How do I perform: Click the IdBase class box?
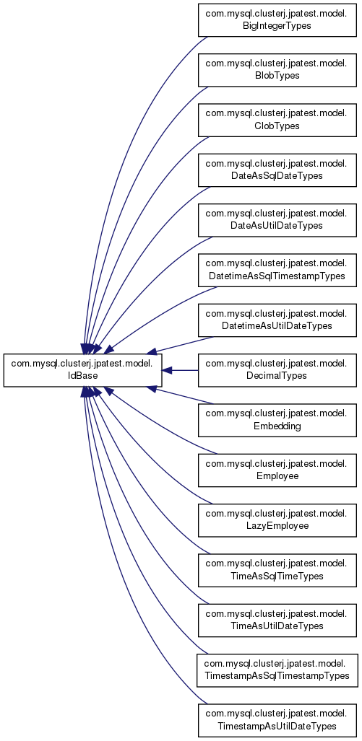pyautogui.click(x=83, y=371)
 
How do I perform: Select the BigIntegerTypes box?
pyautogui.click(x=277, y=20)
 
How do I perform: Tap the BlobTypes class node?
pyautogui.click(x=277, y=71)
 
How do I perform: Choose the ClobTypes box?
pyautogui.click(x=277, y=120)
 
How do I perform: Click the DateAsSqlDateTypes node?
pyautogui.click(x=277, y=170)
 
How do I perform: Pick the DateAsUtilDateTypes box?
pyautogui.click(x=277, y=220)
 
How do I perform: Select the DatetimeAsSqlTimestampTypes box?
pyautogui.click(x=277, y=271)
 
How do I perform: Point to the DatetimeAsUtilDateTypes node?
pyautogui.click(x=277, y=320)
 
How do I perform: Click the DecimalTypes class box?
pyautogui.click(x=277, y=371)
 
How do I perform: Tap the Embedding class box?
pyautogui.click(x=277, y=420)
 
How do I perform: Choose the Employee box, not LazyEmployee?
pyautogui.click(x=277, y=470)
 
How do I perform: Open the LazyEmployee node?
pyautogui.click(x=277, y=520)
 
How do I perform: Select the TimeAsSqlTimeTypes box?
pyautogui.click(x=277, y=571)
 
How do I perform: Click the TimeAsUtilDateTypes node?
pyautogui.click(x=277, y=621)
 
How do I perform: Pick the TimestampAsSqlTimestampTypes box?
pyautogui.click(x=277, y=670)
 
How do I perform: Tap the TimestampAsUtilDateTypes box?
pyautogui.click(x=277, y=720)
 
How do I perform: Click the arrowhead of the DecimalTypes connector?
pyautogui.click(x=168, y=371)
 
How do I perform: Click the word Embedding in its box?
pyautogui.click(x=277, y=426)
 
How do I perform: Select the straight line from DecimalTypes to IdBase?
pyautogui.click(x=181, y=371)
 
